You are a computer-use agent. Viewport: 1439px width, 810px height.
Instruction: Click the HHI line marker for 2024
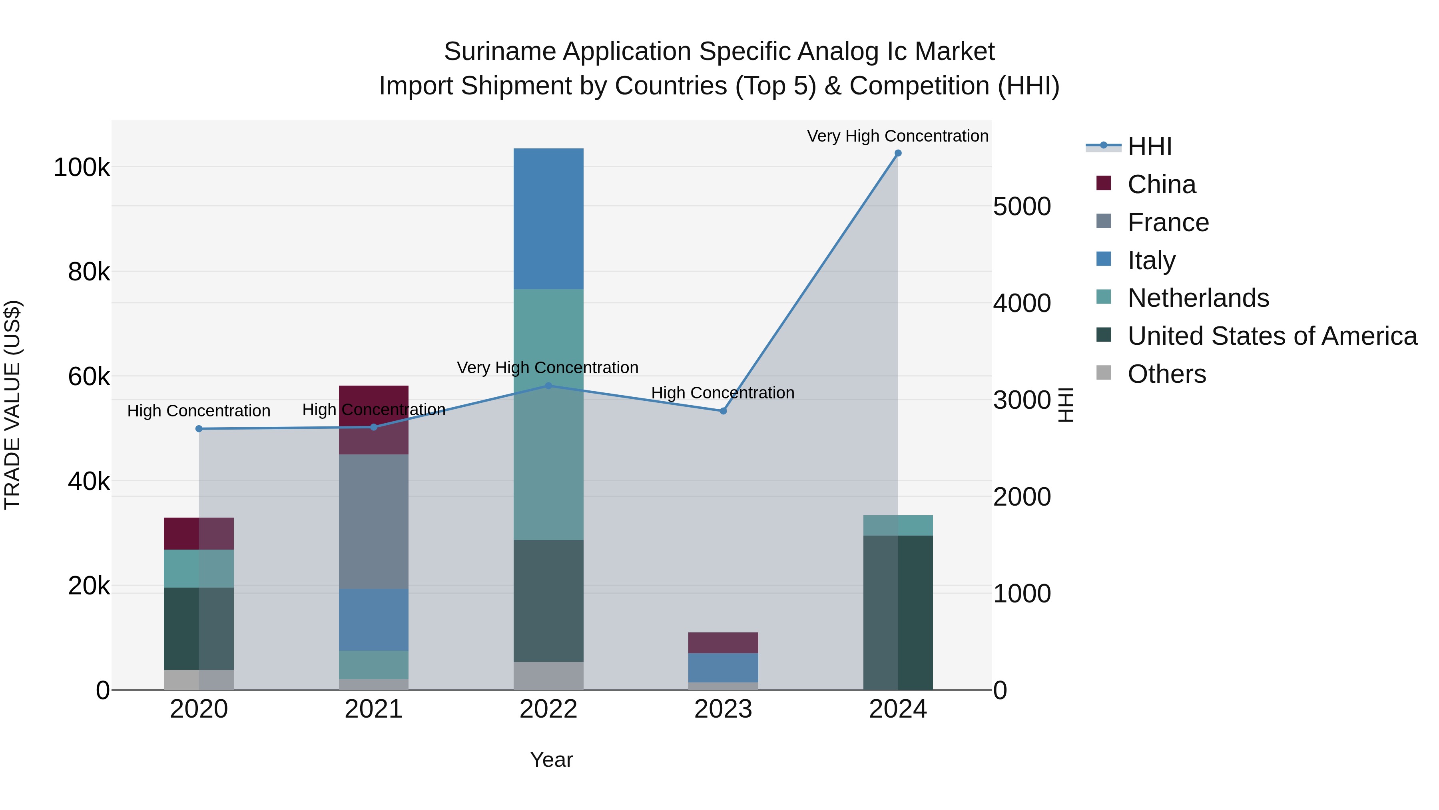[898, 153]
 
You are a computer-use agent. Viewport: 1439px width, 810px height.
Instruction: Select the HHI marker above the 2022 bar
[548, 386]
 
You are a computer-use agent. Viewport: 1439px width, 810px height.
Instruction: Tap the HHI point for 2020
[199, 429]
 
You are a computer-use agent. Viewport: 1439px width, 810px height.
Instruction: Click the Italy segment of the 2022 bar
[548, 218]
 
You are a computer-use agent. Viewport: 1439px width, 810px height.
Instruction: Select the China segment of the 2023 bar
[723, 643]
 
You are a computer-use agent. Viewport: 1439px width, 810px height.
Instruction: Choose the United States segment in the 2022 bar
[548, 601]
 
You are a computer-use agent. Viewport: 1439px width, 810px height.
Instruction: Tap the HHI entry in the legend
[1149, 146]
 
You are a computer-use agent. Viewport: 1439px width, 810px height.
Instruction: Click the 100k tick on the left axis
[82, 168]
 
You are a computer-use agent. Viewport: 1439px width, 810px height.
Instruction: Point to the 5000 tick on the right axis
[1022, 206]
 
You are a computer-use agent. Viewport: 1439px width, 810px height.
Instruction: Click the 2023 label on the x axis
[723, 709]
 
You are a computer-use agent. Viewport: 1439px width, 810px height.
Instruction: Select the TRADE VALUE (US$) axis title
[13, 405]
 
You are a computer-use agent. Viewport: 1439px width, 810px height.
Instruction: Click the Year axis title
[551, 760]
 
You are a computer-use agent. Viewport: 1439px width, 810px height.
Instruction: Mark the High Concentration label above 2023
[722, 393]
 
